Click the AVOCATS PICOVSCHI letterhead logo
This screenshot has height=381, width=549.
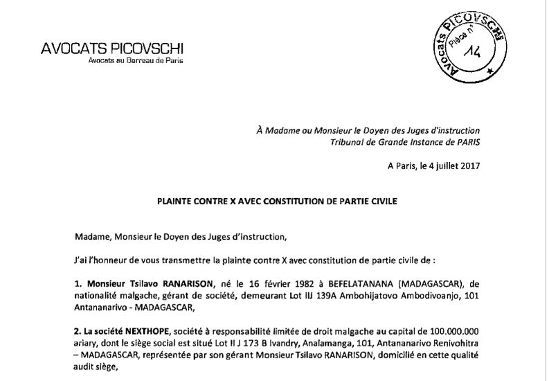[114, 48]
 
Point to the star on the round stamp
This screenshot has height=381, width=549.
[490, 72]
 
